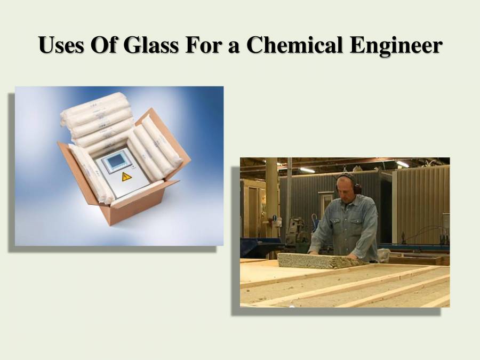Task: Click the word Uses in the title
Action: (61, 45)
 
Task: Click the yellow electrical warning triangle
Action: (126, 177)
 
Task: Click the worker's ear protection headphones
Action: (356, 186)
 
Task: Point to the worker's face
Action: (345, 186)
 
